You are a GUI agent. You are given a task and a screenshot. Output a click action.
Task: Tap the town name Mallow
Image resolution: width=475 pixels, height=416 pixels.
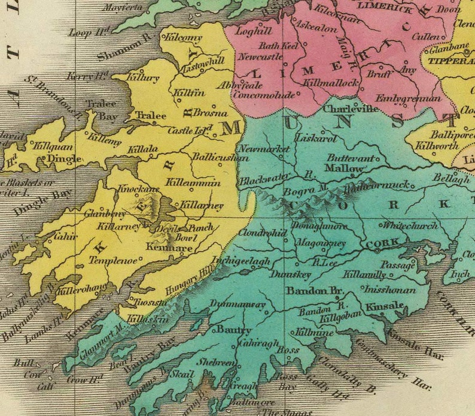343,168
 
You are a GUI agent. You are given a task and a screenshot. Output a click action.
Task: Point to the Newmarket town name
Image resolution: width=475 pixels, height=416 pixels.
260,148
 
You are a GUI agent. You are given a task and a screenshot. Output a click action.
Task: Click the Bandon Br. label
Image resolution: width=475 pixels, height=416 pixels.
313,290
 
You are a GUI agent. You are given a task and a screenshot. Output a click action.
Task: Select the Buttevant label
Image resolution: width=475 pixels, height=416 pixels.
352,158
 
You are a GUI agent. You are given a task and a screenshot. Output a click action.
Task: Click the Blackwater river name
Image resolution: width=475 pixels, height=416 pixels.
261,179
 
